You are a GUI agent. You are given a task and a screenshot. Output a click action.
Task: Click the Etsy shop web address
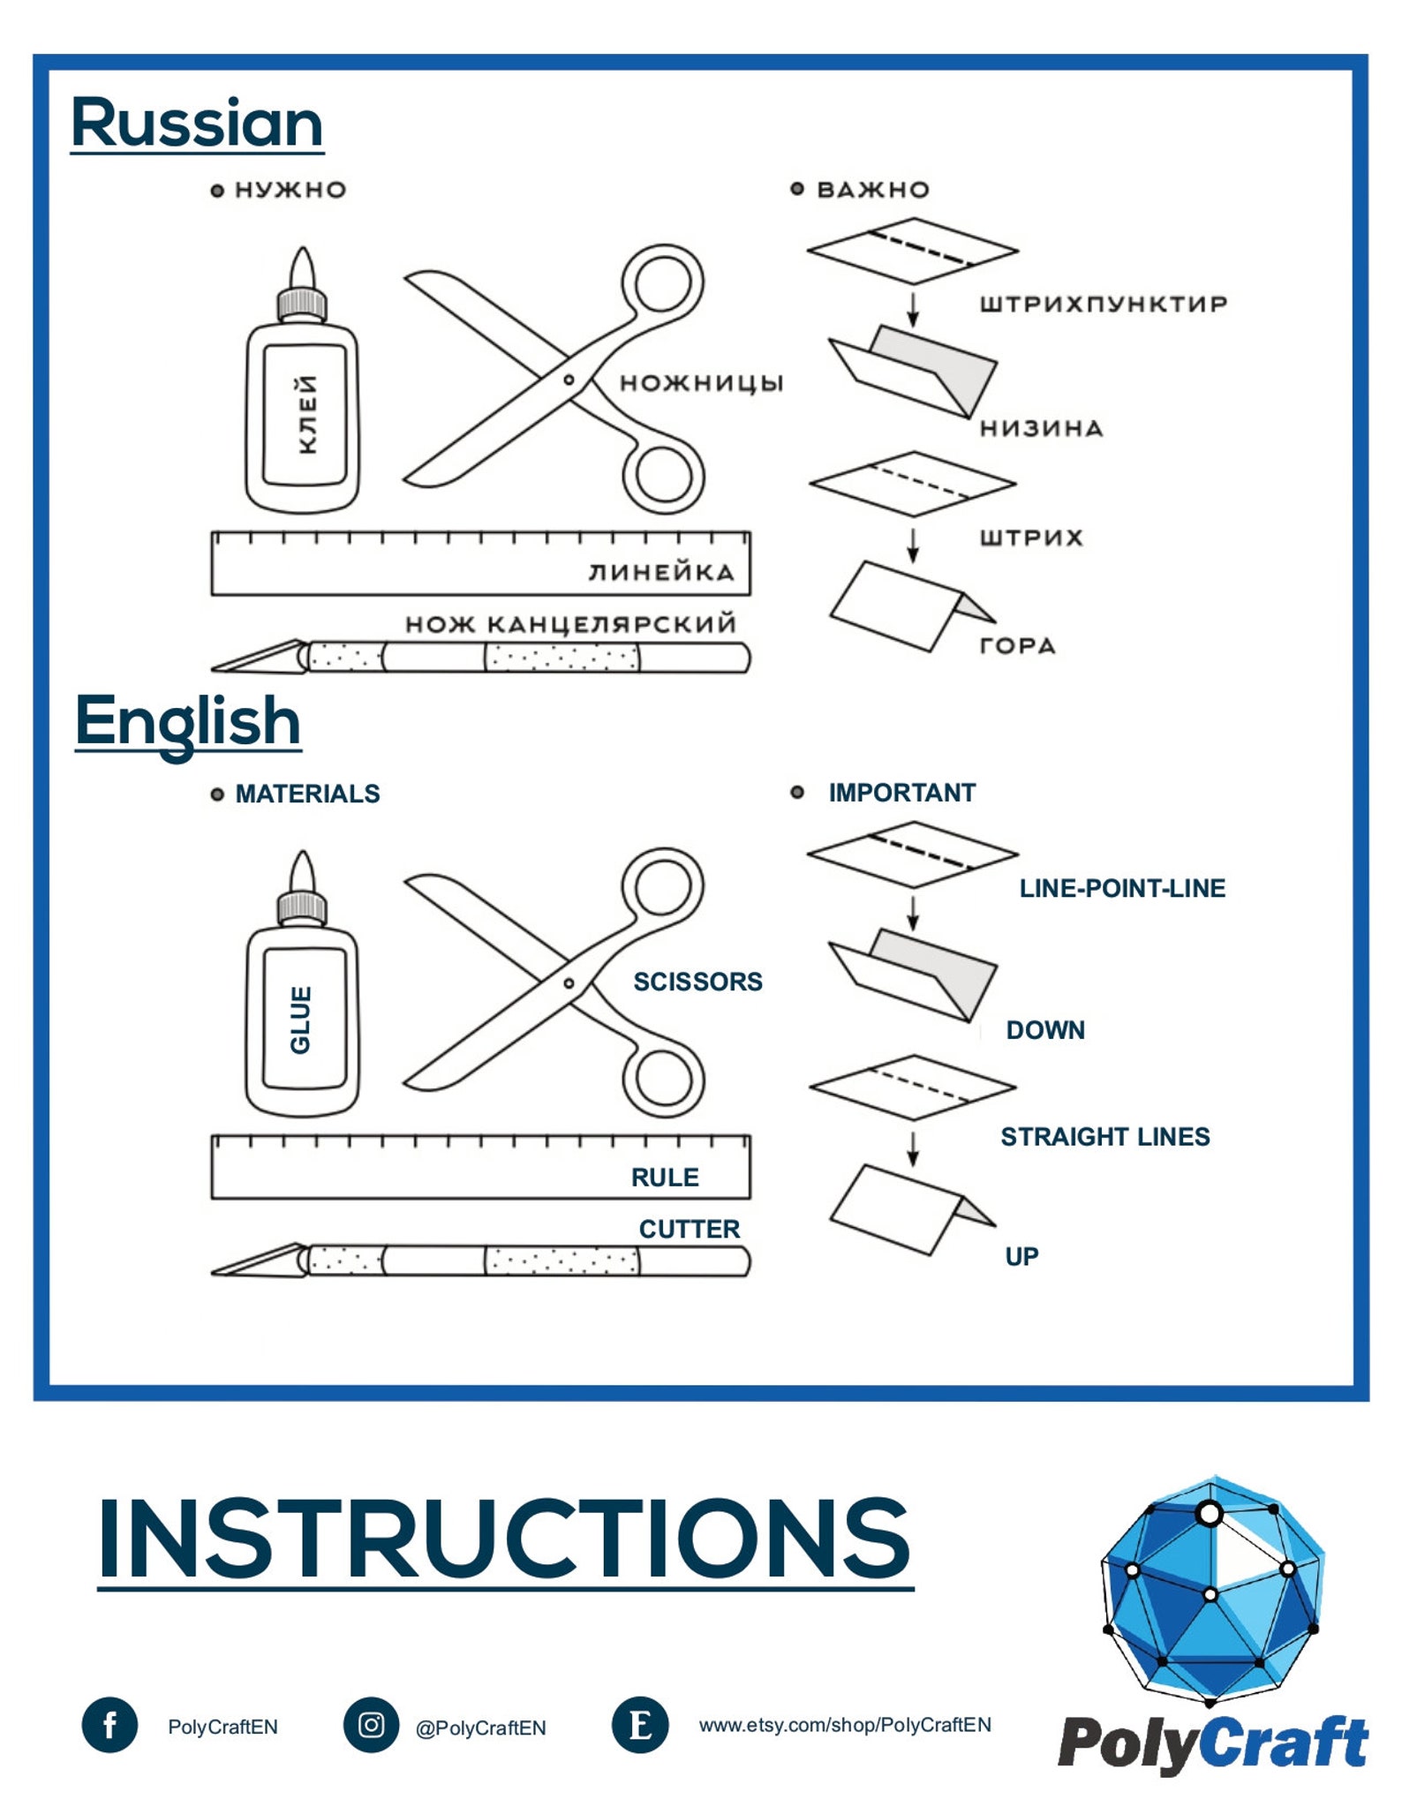coord(845,1725)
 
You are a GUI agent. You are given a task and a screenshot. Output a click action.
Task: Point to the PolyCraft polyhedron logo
coord(1211,1590)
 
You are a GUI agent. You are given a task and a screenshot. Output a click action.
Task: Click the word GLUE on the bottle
coord(301,1020)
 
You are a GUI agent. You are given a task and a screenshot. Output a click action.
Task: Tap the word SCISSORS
coord(697,982)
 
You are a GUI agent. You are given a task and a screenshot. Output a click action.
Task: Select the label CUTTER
coord(690,1229)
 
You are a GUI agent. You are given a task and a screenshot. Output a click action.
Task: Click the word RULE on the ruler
coord(665,1177)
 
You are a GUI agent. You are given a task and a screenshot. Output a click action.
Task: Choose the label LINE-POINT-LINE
coord(1122,888)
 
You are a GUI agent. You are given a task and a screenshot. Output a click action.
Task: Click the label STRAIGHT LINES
coord(1105,1136)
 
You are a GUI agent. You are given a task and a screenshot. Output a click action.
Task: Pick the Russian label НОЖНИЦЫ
coord(702,383)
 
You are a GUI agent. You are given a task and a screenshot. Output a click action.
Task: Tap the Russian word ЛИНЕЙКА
coord(661,572)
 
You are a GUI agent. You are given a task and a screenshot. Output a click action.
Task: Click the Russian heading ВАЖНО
coord(873,190)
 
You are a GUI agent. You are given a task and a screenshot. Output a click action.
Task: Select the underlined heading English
coord(188,722)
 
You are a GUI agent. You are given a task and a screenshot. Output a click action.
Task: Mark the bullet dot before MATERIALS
coord(217,794)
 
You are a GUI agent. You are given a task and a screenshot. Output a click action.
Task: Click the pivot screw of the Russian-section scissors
coord(569,380)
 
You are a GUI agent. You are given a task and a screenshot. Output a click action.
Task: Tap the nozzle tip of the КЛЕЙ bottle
coord(303,249)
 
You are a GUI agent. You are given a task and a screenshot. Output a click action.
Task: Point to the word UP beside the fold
coord(1021,1256)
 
